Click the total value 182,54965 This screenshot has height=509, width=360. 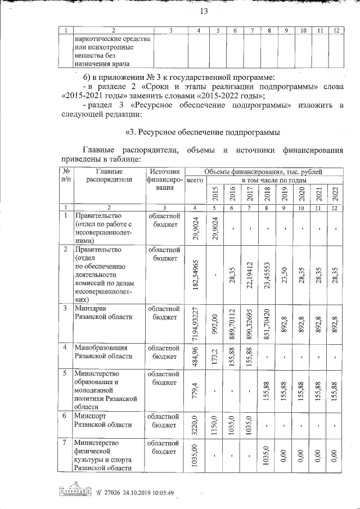click(195, 273)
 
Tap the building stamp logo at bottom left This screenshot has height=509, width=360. click(74, 491)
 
